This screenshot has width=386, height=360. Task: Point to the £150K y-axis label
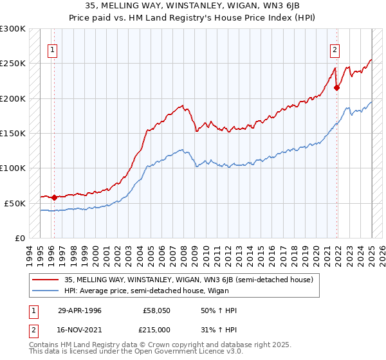pos(13,134)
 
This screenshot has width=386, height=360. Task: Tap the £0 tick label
pos(19,238)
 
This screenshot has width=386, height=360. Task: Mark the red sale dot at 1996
pos(54,197)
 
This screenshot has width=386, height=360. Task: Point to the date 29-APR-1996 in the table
pos(80,310)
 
